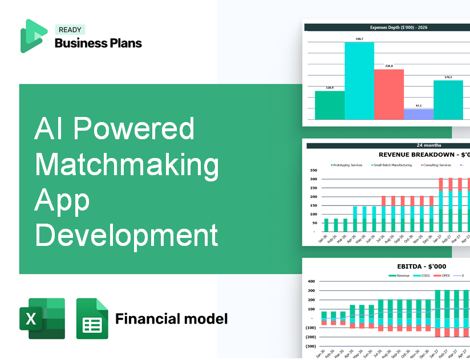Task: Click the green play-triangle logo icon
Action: (x=34, y=36)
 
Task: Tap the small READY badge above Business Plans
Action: (x=69, y=30)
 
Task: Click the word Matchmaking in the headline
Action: (x=127, y=165)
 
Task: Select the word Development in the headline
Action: (x=127, y=235)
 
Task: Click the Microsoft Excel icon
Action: (x=42, y=318)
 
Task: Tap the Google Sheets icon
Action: (x=92, y=318)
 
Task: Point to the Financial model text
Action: (x=171, y=318)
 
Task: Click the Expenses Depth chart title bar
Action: (x=387, y=27)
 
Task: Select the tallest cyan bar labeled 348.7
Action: (x=359, y=80)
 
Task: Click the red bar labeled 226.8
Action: (x=389, y=94)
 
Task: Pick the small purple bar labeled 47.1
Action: (x=418, y=114)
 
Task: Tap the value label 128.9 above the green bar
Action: (x=330, y=88)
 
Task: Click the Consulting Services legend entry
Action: (x=437, y=165)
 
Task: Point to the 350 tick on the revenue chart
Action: (x=313, y=170)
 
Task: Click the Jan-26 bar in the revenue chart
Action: (x=326, y=225)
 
